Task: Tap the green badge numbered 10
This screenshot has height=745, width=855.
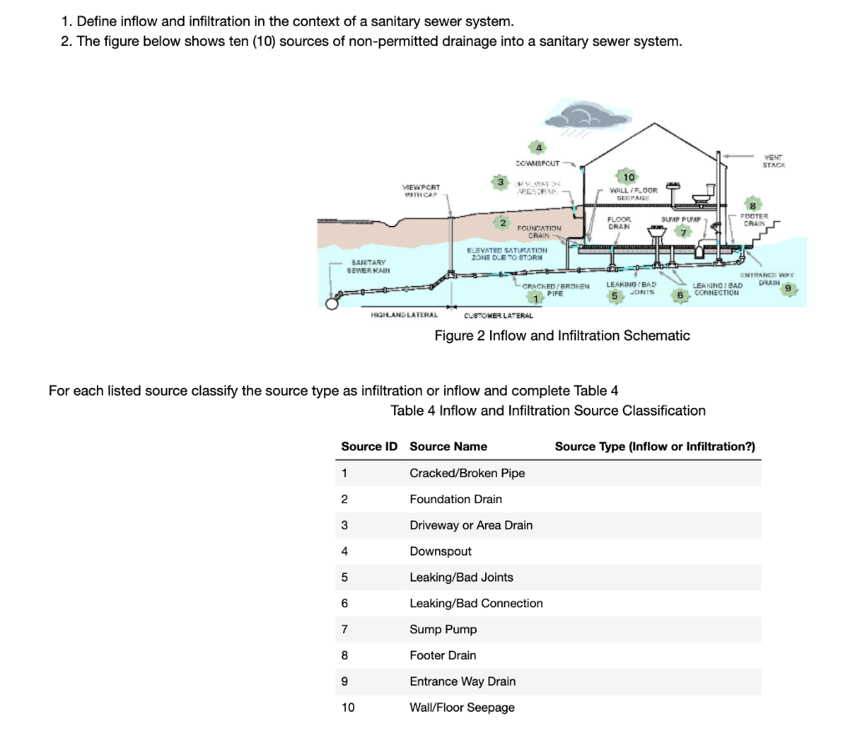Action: pyautogui.click(x=629, y=177)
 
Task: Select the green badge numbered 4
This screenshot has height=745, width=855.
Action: pyautogui.click(x=539, y=148)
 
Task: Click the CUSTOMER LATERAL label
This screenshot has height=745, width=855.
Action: pyautogui.click(x=498, y=315)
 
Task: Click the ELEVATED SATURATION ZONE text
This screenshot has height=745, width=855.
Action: pyautogui.click(x=519, y=254)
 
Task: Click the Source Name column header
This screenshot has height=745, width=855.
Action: pyautogui.click(x=448, y=446)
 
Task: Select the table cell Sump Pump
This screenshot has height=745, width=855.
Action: pyautogui.click(x=443, y=629)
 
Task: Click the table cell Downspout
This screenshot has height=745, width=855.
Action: pyautogui.click(x=440, y=551)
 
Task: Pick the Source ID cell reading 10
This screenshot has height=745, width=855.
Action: pyautogui.click(x=347, y=707)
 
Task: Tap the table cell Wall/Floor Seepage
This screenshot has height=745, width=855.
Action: pyautogui.click(x=462, y=707)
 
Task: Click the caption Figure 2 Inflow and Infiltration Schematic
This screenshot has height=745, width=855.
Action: pyautogui.click(x=562, y=335)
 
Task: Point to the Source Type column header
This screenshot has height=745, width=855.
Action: pyautogui.click(x=655, y=446)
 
